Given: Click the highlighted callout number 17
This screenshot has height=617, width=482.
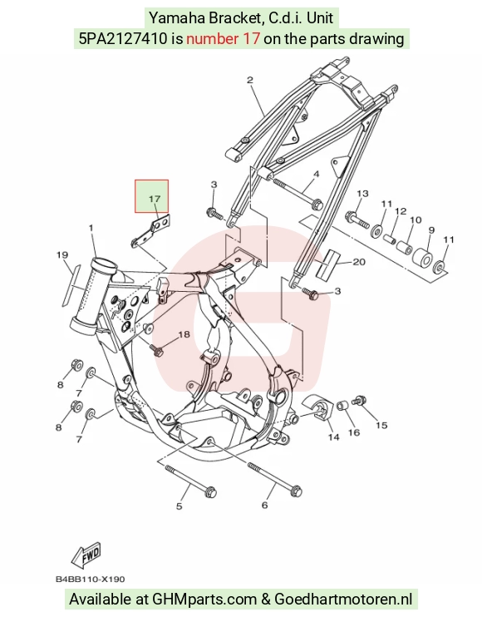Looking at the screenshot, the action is (x=155, y=199).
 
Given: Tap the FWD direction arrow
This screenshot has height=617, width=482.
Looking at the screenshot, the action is (x=86, y=555).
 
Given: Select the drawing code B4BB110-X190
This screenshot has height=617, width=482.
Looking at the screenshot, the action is (x=90, y=580).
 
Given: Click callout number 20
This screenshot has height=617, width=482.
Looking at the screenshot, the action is (x=359, y=262).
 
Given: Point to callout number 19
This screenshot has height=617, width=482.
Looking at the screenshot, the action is (x=62, y=255).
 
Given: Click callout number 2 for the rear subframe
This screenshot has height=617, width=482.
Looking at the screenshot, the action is (x=250, y=80).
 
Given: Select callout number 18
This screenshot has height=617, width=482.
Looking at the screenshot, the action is (x=184, y=334).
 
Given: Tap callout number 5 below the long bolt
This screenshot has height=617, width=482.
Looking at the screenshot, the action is (x=180, y=506).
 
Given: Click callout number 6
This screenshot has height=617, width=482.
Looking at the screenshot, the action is (x=264, y=506).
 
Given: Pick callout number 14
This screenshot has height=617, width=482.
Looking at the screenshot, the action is (x=333, y=437).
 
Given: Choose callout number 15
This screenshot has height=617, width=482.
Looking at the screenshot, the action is (x=381, y=426).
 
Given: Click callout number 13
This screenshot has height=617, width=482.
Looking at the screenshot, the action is (x=362, y=194).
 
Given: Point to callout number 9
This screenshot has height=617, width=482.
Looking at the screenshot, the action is (x=431, y=230).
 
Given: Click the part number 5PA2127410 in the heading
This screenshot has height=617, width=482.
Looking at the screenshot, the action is (x=123, y=38).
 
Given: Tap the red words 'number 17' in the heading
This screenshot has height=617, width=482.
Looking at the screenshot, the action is (x=223, y=38).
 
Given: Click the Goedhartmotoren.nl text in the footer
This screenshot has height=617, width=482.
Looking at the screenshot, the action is (x=343, y=600).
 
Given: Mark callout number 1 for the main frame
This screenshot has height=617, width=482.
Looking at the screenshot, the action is (x=91, y=228).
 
